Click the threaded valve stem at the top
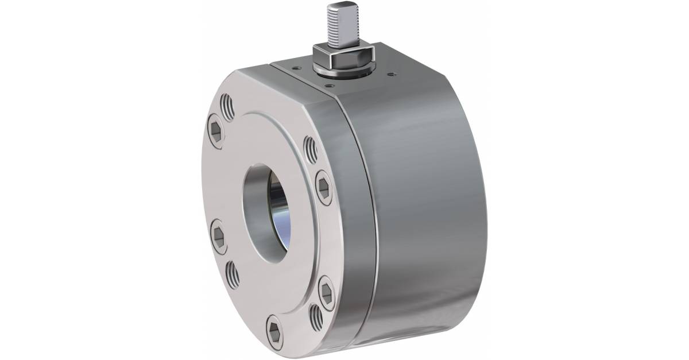point(338,24)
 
